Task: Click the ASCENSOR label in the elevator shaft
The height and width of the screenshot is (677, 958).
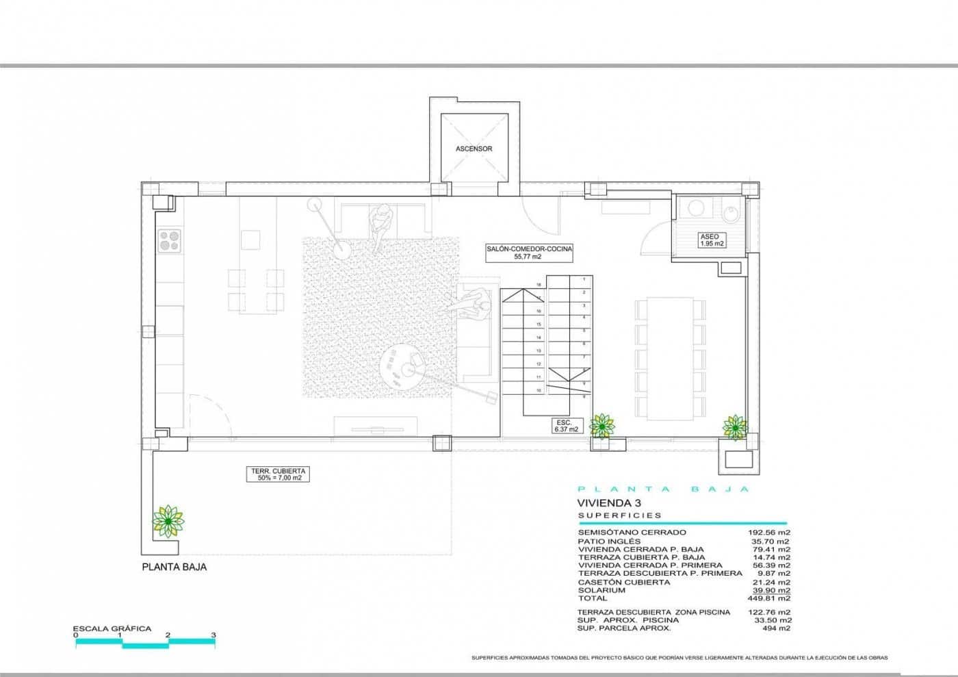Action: pos(474,149)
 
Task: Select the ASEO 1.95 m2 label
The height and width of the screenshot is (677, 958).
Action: pos(711,240)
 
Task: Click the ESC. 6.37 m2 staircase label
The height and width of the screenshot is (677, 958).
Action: pos(565,426)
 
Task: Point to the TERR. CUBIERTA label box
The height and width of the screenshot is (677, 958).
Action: pos(278,474)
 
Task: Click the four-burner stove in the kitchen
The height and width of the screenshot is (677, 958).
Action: pos(170,240)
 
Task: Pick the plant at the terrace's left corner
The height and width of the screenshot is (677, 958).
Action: pos(168,521)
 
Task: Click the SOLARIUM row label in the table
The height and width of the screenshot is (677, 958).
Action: pos(601,590)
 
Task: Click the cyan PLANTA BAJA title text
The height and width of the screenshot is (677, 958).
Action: pos(663,489)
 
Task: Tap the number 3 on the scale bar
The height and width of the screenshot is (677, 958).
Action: pos(213,635)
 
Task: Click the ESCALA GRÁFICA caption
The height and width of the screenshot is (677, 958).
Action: pos(112,628)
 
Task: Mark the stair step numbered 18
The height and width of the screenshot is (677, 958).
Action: pos(539,285)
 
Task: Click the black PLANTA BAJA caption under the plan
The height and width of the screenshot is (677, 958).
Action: pos(174,567)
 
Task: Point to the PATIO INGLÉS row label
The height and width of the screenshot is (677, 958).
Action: pos(610,541)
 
